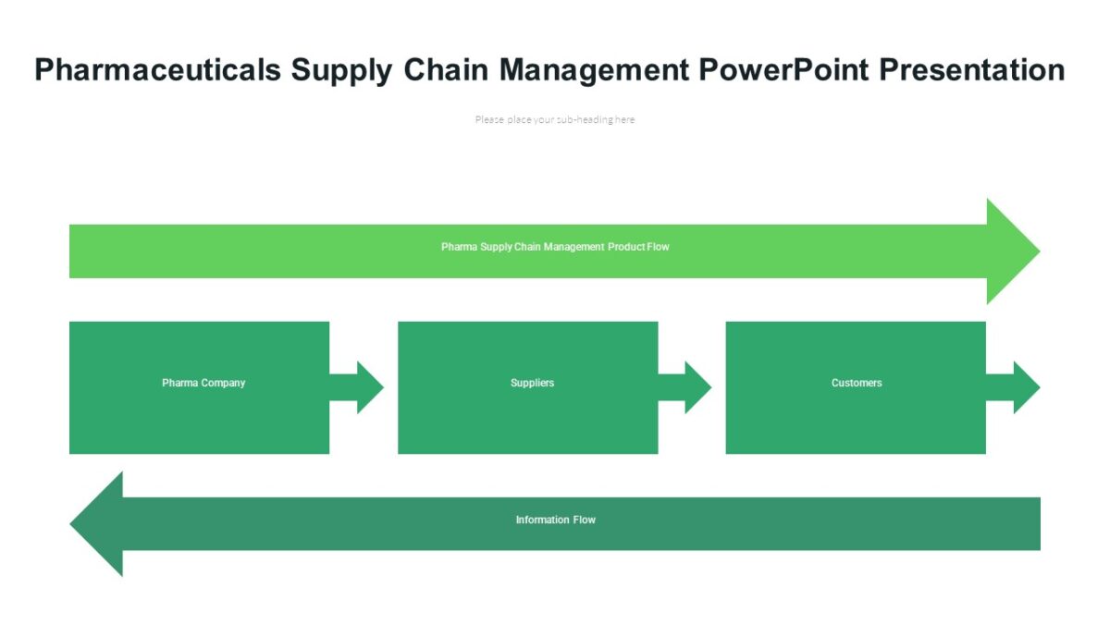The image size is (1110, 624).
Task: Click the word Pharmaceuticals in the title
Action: point(157,70)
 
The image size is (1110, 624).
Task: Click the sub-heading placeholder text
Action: point(555,119)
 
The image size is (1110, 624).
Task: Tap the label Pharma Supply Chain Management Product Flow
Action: point(555,247)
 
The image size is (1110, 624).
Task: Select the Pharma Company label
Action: point(203,383)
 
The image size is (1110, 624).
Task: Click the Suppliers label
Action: point(532,383)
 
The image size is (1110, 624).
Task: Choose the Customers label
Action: point(857,383)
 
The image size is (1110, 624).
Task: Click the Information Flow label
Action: point(555,520)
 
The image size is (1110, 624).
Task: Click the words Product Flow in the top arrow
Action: point(638,247)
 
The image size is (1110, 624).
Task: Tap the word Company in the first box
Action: point(224,383)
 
